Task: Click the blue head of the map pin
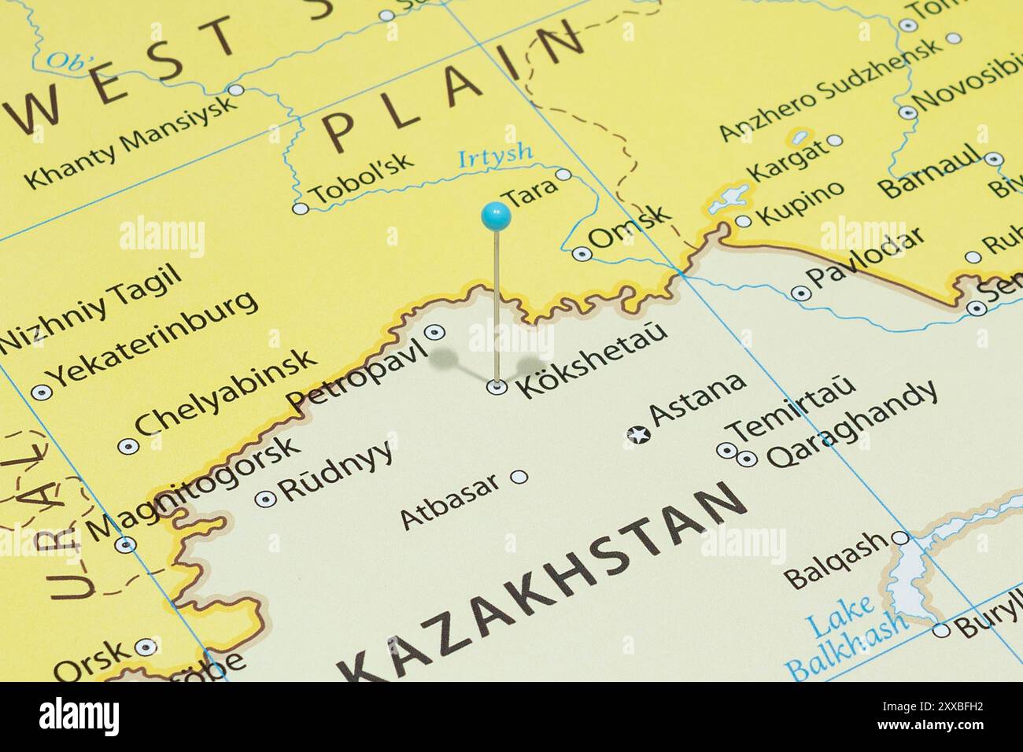pyautogui.click(x=496, y=216)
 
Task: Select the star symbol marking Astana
pyautogui.click(x=637, y=433)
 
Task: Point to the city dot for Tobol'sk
pyautogui.click(x=300, y=208)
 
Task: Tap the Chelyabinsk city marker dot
pyautogui.click(x=127, y=447)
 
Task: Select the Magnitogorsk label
pyautogui.click(x=194, y=488)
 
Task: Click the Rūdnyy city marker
pyautogui.click(x=266, y=498)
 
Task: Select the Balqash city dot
pyautogui.click(x=901, y=538)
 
